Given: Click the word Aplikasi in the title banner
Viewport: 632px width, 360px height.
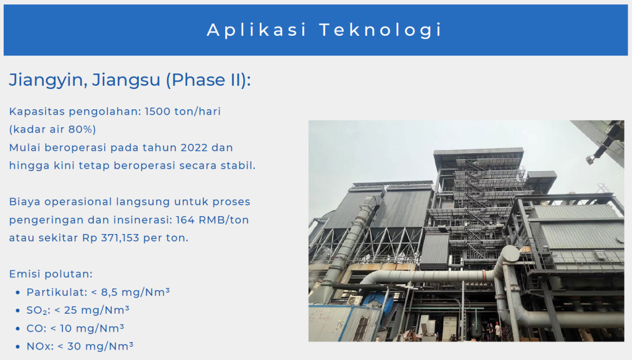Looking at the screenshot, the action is [257, 30].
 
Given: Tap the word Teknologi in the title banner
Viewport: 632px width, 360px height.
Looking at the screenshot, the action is [381, 30].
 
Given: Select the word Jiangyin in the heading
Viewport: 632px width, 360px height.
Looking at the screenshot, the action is [46, 80].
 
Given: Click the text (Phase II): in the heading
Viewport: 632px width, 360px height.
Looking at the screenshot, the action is [209, 80].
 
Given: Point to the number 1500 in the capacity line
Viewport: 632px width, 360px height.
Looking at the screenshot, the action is [157, 111].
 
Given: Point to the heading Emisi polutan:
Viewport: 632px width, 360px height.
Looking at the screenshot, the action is [51, 274].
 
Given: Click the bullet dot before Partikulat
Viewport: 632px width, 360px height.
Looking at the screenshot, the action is [18, 293].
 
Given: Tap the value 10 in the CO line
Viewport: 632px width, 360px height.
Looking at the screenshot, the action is [65, 329].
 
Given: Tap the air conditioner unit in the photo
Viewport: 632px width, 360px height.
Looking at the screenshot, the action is [355, 300].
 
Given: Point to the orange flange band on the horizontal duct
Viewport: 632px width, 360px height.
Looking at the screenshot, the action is [484, 276].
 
